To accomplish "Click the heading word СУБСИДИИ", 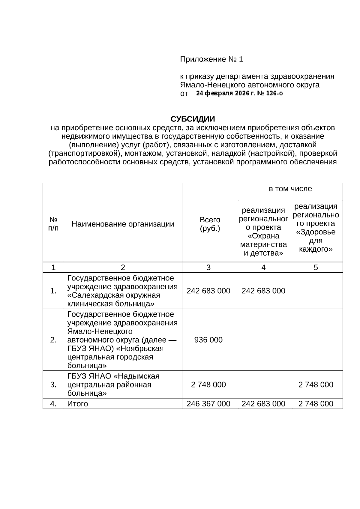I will point(193,119).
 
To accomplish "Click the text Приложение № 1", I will point(211,59).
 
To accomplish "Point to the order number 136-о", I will point(274,93).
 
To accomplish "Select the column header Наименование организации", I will point(123,224).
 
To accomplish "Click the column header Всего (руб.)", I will point(210,224).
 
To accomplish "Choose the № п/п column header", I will point(53,224).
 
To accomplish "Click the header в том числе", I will point(290,189).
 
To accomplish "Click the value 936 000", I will point(208,340).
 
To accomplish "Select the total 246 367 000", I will point(208,404).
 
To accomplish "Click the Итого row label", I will point(78,404).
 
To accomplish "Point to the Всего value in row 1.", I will point(208,291).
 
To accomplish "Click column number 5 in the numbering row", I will point(316,268).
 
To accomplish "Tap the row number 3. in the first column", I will point(53,385).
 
